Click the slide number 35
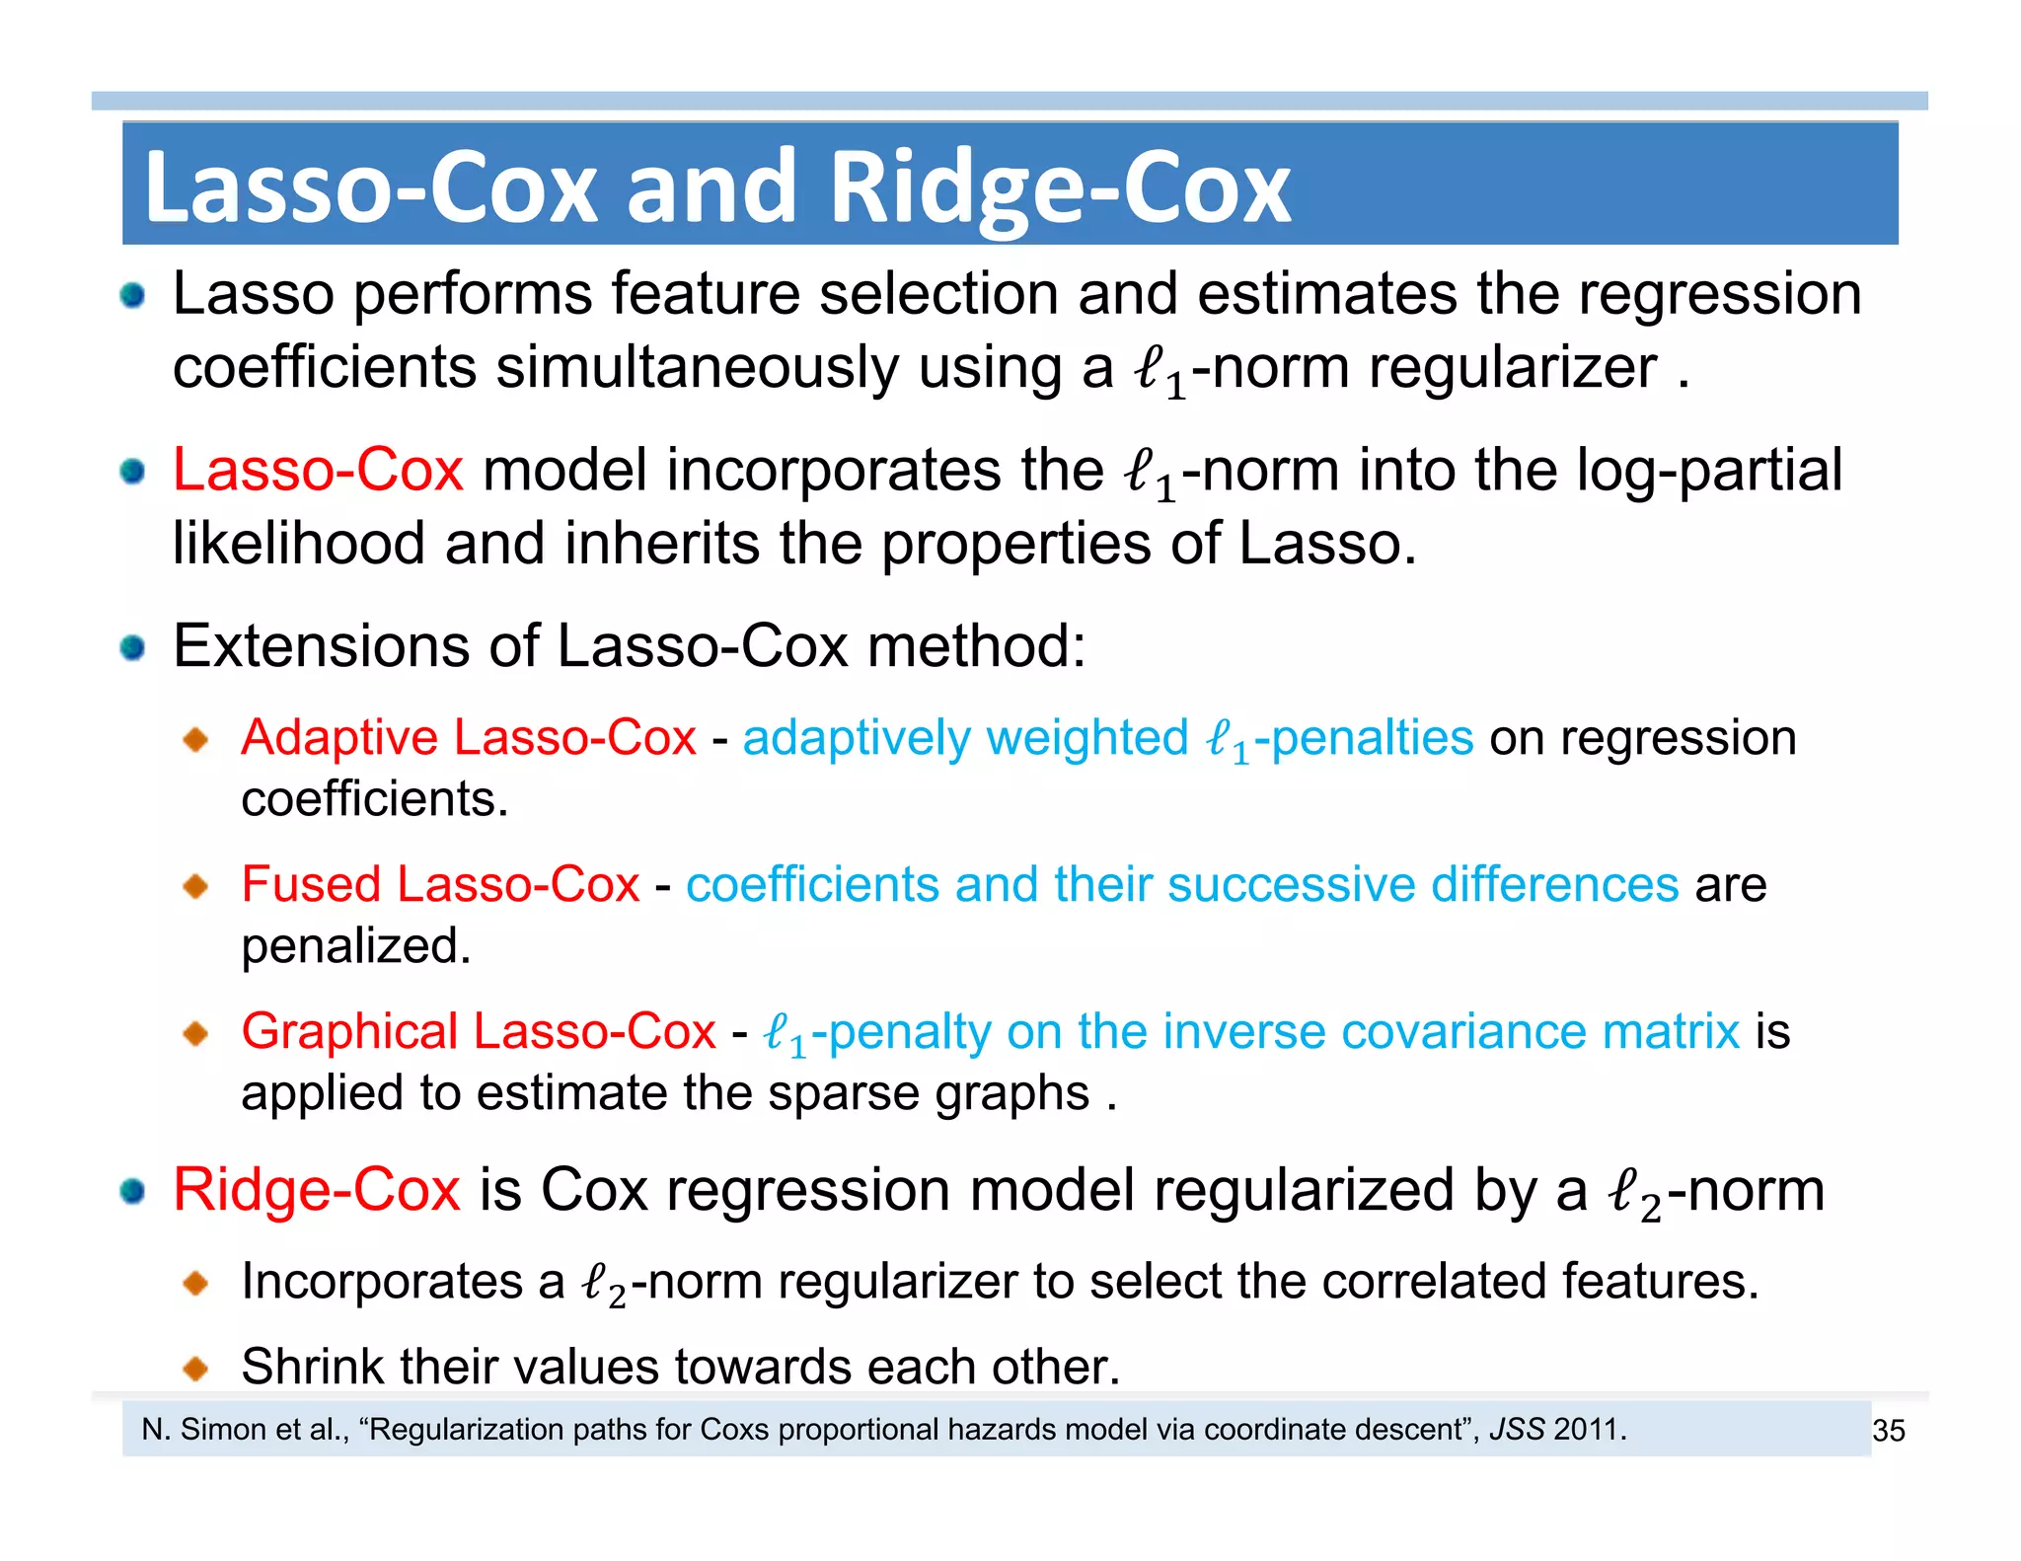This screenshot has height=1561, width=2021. [x=1888, y=1430]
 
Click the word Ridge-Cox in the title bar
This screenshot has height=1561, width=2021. [x=1060, y=187]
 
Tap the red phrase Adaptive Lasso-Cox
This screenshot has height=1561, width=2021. [x=469, y=737]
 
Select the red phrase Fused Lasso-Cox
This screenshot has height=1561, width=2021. [x=440, y=883]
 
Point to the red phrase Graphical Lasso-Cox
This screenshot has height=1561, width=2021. [x=479, y=1031]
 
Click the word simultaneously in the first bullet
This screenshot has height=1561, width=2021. [x=697, y=367]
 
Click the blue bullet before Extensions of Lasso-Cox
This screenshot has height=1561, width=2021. [x=132, y=648]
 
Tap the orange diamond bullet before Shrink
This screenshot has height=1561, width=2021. [x=196, y=1368]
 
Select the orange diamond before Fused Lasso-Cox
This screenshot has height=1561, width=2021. [x=196, y=885]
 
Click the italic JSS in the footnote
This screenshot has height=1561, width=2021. [x=1516, y=1429]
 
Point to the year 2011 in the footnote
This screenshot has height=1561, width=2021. [x=1586, y=1429]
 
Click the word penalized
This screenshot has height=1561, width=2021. [x=355, y=945]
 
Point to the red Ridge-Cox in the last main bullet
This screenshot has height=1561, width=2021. [x=316, y=1189]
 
